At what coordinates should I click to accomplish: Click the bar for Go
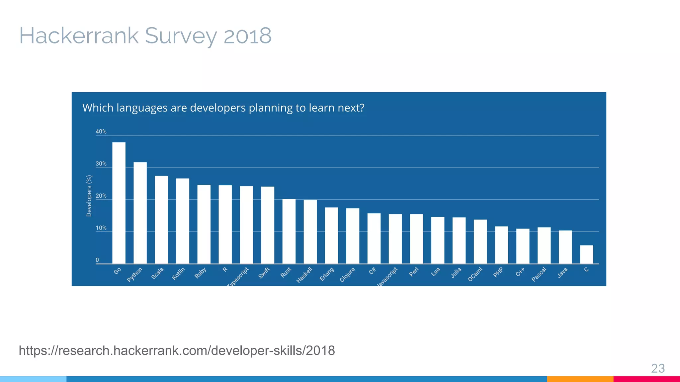click(x=119, y=203)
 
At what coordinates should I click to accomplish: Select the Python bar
click(x=140, y=213)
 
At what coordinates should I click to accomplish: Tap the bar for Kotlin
click(x=183, y=221)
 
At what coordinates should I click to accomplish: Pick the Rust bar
click(x=289, y=231)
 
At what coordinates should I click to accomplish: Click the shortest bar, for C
click(x=586, y=255)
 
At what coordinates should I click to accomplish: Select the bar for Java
click(x=565, y=247)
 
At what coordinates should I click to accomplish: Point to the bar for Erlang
click(x=331, y=235)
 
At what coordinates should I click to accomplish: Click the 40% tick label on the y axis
click(x=101, y=132)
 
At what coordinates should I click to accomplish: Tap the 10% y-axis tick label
click(x=101, y=228)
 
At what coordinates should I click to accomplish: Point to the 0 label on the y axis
click(x=97, y=260)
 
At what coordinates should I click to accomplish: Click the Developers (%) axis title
click(x=89, y=196)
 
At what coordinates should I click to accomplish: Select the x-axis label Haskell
click(x=304, y=275)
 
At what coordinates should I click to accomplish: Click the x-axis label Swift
click(x=264, y=273)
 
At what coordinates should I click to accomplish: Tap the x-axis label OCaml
click(x=475, y=275)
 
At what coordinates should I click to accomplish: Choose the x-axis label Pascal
click(x=539, y=275)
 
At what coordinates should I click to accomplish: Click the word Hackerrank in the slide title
click(x=79, y=36)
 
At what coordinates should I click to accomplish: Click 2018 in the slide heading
click(x=247, y=36)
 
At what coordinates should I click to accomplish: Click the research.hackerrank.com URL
click(x=177, y=350)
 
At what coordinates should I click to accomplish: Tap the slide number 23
click(x=658, y=368)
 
